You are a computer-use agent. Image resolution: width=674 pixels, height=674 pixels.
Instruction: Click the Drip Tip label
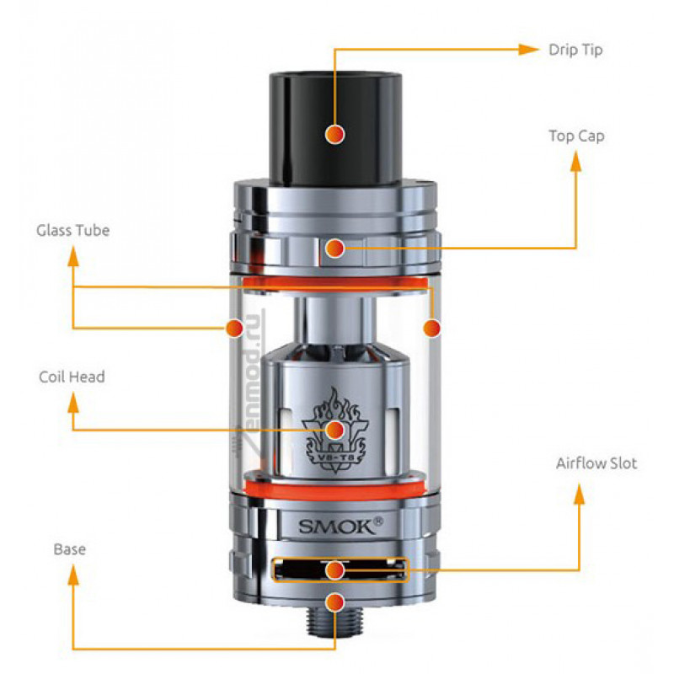[x=575, y=51]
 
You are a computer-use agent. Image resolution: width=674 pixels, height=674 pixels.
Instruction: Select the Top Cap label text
[x=576, y=136]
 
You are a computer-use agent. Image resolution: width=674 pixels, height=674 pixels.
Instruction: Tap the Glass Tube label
[x=73, y=230]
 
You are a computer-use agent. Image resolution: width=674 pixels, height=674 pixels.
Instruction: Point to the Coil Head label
[x=72, y=377]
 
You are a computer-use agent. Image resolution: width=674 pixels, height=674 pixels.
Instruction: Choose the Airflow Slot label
[x=596, y=463]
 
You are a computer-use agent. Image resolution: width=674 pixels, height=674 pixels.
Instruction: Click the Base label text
[x=70, y=549]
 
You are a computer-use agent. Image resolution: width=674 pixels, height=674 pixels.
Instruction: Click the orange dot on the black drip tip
[x=334, y=134]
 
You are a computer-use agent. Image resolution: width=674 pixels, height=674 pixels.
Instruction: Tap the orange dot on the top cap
[x=334, y=248]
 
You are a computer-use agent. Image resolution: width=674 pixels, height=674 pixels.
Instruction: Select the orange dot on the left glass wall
[x=235, y=328]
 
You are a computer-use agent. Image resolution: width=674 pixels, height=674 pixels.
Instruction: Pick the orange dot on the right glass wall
[x=432, y=328]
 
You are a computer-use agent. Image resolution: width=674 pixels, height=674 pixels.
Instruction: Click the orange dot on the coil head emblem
[x=334, y=430]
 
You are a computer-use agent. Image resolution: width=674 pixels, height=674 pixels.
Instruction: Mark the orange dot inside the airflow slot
[x=334, y=570]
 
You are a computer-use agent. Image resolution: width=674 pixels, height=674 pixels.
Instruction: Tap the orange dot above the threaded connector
[x=334, y=602]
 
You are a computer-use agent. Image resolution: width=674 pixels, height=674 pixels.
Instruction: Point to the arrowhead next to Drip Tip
[x=528, y=50]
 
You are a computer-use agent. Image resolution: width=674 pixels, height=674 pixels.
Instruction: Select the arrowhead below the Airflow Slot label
[x=580, y=495]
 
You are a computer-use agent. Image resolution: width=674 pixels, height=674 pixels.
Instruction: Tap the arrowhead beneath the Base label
[x=73, y=575]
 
